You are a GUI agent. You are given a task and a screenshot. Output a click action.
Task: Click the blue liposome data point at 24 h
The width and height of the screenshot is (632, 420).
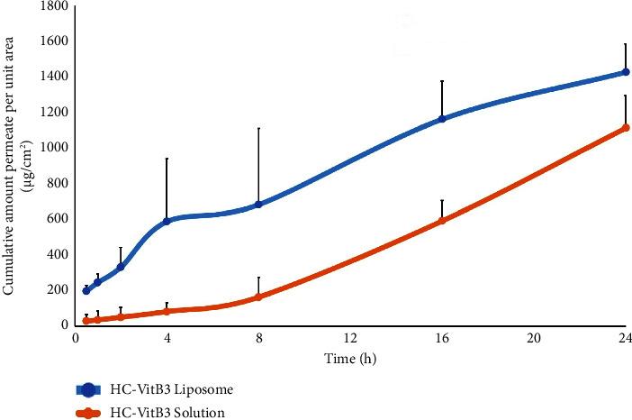pos(626,72)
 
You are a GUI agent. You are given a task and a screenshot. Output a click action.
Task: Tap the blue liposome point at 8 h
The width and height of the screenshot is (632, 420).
pos(258,205)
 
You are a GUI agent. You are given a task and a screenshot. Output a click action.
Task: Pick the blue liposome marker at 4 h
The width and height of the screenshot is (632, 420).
pos(167,221)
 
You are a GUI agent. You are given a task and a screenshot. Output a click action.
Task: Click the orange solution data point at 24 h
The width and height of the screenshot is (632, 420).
pos(626,128)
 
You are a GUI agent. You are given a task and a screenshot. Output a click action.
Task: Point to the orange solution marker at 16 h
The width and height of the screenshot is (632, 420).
pos(442,220)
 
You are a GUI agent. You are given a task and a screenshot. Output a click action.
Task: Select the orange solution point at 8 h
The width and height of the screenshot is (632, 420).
pos(258,297)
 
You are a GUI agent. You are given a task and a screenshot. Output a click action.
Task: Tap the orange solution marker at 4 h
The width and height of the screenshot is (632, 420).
pos(167,311)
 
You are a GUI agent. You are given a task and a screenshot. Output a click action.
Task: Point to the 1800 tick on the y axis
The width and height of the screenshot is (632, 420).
pos(51,6)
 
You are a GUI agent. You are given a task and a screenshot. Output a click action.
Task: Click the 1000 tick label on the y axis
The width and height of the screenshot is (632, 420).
pos(51,148)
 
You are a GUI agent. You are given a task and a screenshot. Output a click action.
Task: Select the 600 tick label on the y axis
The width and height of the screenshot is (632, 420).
pos(55,219)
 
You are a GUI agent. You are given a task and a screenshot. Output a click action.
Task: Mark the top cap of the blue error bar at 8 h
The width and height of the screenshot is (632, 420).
pos(258,128)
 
